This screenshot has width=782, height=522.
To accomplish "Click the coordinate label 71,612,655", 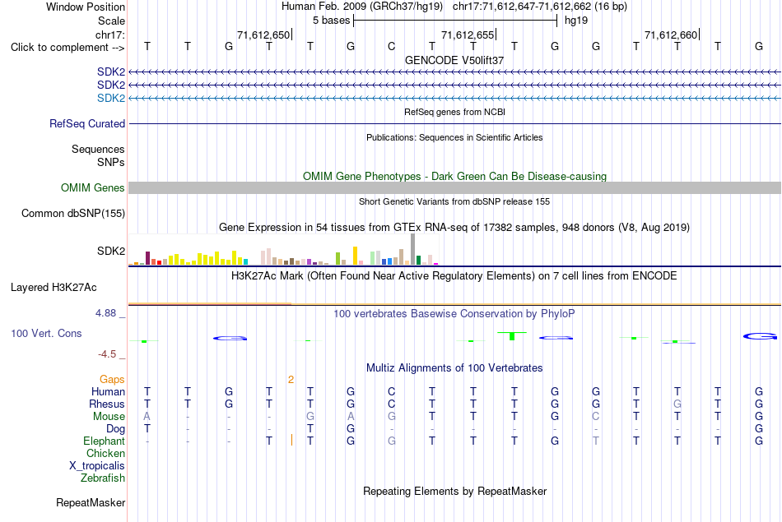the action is (468, 35).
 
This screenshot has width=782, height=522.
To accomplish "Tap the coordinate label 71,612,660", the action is (671, 35).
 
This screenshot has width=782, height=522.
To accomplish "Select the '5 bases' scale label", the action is (331, 21).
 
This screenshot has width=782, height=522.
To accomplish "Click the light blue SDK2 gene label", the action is (111, 98).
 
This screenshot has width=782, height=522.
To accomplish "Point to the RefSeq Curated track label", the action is (87, 123).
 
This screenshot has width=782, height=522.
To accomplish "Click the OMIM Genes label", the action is (93, 187).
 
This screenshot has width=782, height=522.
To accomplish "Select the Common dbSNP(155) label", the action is (73, 213).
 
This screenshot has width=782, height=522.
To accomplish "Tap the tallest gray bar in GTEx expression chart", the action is (413, 249).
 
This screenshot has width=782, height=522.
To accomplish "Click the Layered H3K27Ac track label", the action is (54, 288).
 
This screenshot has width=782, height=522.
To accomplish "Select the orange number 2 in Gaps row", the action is (291, 380).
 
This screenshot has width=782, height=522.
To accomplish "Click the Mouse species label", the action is (109, 417).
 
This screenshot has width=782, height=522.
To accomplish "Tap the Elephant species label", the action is (105, 441).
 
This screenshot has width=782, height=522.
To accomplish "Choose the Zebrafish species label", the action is (103, 478).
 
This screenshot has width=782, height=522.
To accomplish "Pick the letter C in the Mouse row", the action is (595, 417).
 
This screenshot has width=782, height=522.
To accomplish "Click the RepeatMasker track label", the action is (91, 502).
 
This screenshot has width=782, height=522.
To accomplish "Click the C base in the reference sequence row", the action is (392, 46).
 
